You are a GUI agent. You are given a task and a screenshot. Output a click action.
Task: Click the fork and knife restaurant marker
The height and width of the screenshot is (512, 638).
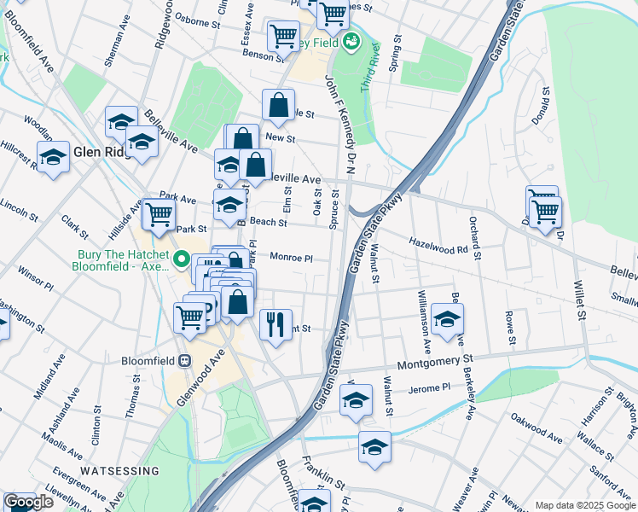coord(275,324)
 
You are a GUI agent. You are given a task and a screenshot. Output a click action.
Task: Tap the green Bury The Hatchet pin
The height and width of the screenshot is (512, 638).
coord(181,259)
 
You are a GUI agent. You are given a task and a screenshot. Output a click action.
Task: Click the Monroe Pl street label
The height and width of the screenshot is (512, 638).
coord(292,257)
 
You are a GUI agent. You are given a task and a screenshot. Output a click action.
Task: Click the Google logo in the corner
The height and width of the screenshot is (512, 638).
coord(28,502)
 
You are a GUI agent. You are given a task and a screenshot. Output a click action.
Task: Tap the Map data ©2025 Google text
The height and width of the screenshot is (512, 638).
coord(584,505)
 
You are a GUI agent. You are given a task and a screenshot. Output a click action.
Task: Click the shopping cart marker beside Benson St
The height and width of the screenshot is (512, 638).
coord(282,36)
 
